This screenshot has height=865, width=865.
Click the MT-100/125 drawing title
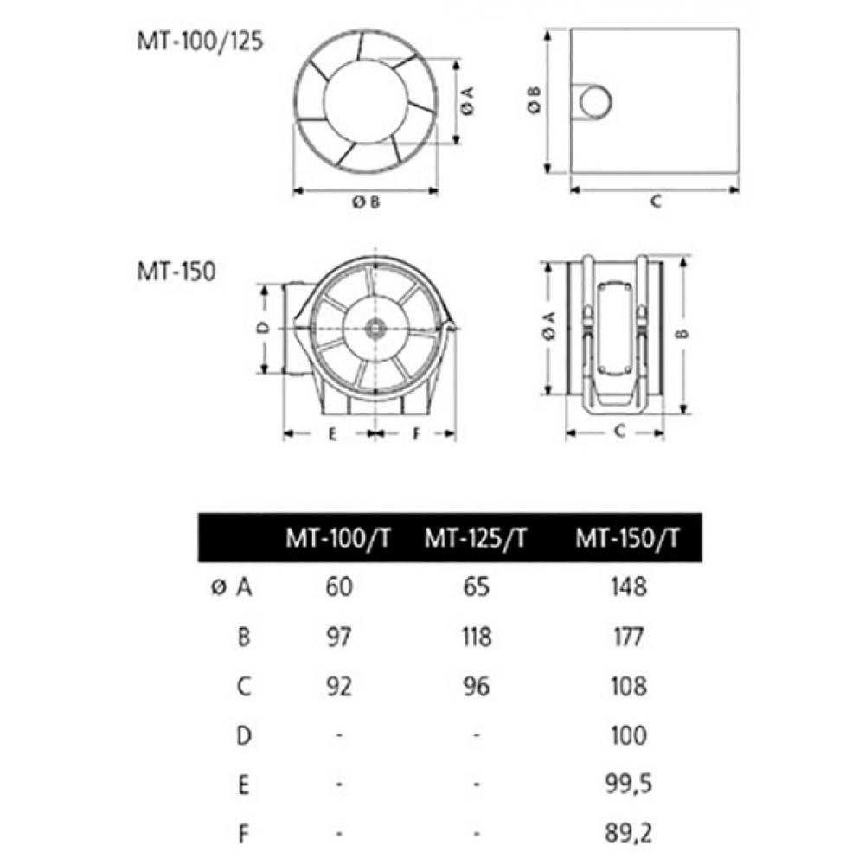(201, 42)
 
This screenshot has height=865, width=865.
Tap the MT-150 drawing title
(176, 272)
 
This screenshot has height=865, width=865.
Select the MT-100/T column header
(337, 538)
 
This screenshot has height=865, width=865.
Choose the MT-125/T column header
(476, 538)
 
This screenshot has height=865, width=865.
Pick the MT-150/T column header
(628, 538)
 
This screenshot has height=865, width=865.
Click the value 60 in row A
(339, 587)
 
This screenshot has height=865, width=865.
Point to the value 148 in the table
(629, 587)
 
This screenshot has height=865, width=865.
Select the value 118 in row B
(477, 638)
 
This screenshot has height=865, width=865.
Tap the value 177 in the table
(629, 638)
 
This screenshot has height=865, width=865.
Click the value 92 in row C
(339, 687)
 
